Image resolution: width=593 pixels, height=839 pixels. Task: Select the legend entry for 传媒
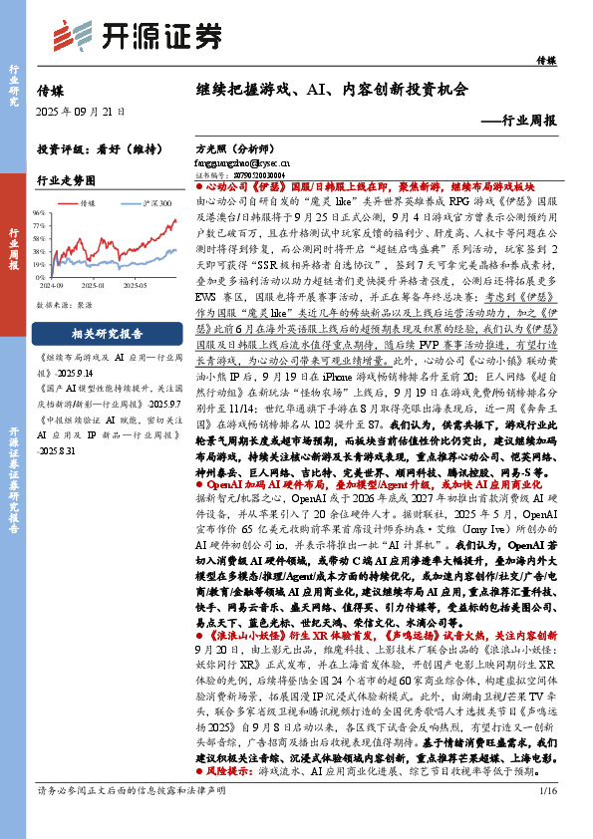(91, 201)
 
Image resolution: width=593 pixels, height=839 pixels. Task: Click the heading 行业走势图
(66, 180)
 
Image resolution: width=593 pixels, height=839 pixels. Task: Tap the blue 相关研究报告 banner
(106, 334)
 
